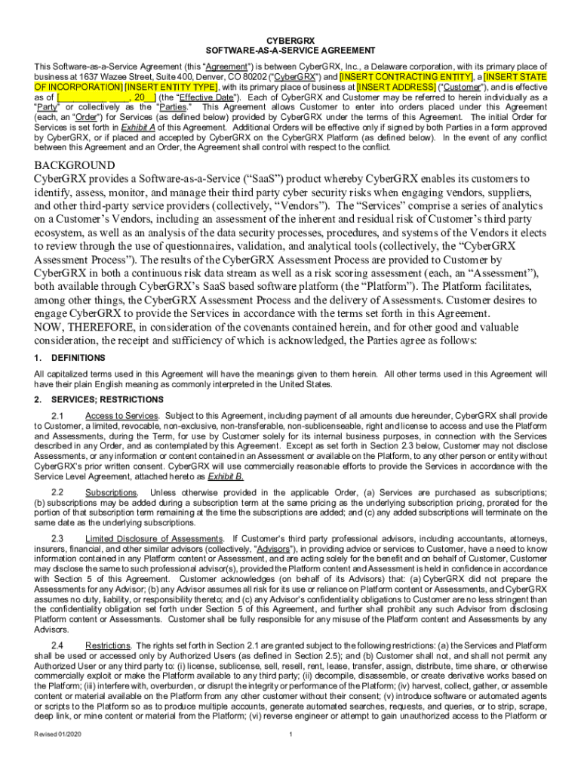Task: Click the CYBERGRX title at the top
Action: [x=290, y=39]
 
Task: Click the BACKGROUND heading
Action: [x=75, y=165]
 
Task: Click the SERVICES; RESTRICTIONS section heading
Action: [x=106, y=399]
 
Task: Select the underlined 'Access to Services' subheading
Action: [x=121, y=416]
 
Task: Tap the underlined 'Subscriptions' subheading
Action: [x=110, y=493]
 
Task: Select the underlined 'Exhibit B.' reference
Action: [x=226, y=477]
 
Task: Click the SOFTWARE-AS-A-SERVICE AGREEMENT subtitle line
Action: [x=290, y=50]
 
